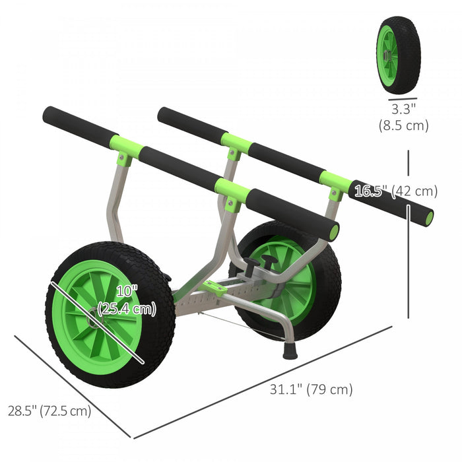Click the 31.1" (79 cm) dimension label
310,389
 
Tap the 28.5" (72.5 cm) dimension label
49,411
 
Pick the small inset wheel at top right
399,54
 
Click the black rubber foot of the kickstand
290,350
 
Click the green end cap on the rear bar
429,218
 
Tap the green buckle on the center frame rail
213,286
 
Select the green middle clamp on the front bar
232,191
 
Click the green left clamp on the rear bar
235,142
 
